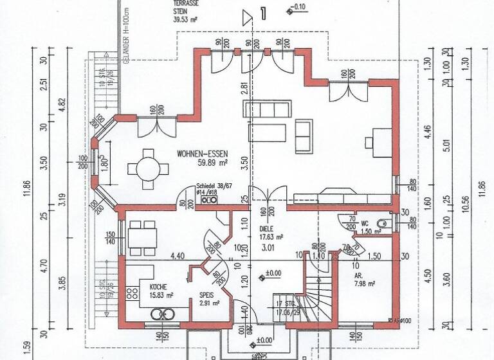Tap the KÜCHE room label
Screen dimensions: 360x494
pos(158,287)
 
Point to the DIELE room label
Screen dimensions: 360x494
pos(267,228)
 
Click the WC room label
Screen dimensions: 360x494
pos(364,224)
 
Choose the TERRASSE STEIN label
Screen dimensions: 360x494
pos(187,7)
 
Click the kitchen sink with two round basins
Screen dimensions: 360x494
pos(163,314)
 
